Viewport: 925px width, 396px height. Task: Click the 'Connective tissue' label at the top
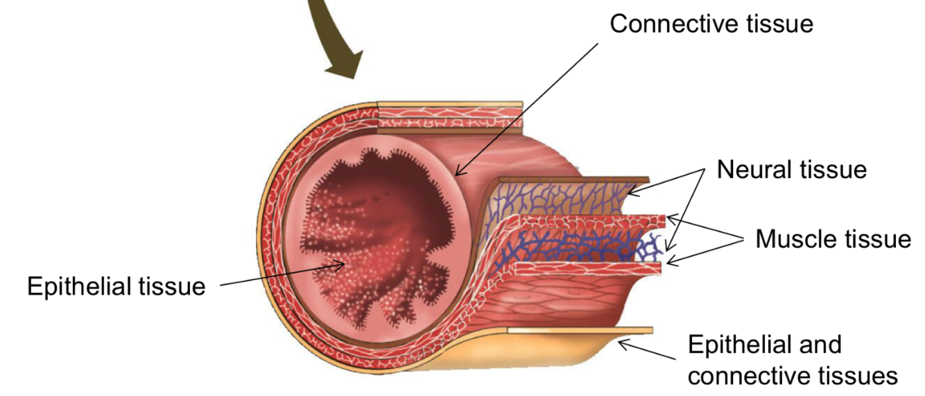coord(711,24)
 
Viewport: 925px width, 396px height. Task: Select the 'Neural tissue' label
coord(791,169)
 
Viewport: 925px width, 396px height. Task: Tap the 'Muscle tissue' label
coord(832,239)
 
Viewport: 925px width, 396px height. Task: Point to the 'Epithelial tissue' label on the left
coord(116,286)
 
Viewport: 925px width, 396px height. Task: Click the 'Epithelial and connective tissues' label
coord(792,360)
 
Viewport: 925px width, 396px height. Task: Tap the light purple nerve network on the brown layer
coord(555,198)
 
